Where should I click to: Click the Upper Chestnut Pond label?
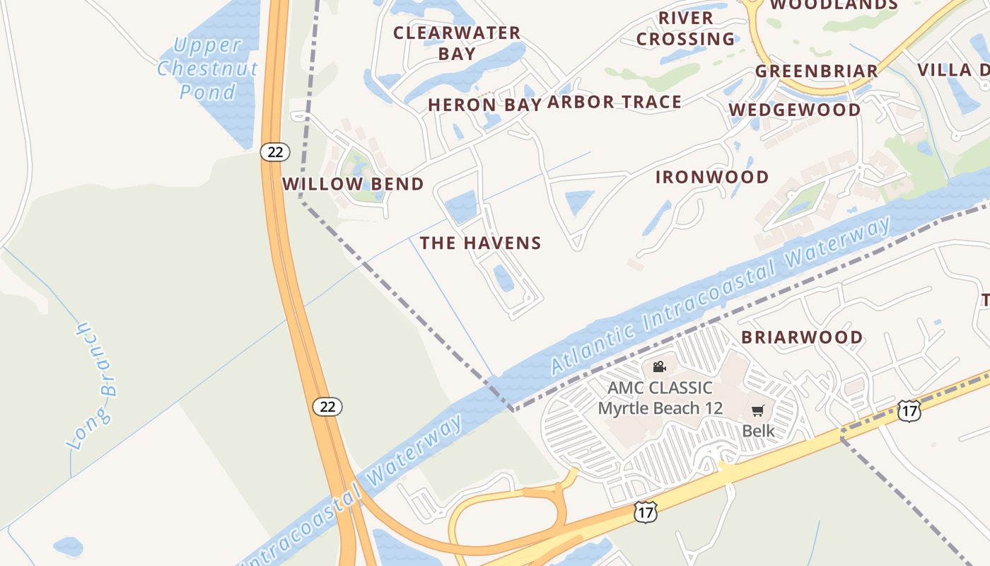(207, 69)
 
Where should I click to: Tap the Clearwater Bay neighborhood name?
(457, 42)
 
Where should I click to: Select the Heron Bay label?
(484, 105)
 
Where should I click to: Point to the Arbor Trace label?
(615, 102)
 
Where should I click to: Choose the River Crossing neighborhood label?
(686, 28)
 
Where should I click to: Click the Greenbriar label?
(817, 71)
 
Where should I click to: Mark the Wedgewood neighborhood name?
(795, 110)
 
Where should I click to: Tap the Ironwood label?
(712, 177)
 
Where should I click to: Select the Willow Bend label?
(353, 184)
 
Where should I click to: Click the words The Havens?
(481, 243)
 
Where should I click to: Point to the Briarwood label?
(802, 337)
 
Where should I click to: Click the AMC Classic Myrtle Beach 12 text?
(660, 398)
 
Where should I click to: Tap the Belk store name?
(758, 431)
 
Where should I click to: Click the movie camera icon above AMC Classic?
(659, 366)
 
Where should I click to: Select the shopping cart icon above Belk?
(758, 410)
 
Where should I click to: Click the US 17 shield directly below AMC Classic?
(645, 512)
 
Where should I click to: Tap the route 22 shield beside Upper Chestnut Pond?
(275, 151)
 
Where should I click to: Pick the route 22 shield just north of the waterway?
(327, 406)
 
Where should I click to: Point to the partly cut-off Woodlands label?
(834, 5)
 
